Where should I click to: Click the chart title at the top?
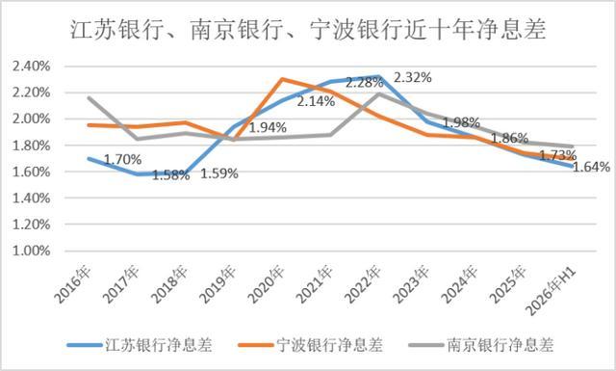coord(308,30)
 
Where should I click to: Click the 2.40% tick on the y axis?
coord(32,66)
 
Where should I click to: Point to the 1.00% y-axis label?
coord(32,251)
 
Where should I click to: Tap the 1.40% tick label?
coord(32,198)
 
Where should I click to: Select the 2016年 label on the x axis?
coord(73,285)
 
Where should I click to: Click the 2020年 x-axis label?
coord(268,285)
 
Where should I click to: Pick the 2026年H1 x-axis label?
coord(552,290)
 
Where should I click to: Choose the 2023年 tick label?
coord(412,285)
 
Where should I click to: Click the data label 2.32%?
coord(413,78)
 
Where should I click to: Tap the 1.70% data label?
coord(122,159)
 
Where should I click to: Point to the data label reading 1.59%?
coord(219,173)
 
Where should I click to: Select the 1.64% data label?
coord(591,167)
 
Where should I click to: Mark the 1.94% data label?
coord(268,127)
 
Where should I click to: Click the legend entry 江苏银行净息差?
coord(140,345)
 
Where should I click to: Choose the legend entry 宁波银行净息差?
coord(311,345)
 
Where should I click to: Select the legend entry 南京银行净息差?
coord(481,345)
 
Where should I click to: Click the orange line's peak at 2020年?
coord(282,79)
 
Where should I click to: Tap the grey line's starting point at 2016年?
coord(90,97)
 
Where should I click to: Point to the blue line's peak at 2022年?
coord(378,77)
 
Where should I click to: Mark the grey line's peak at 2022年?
coord(378,93)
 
